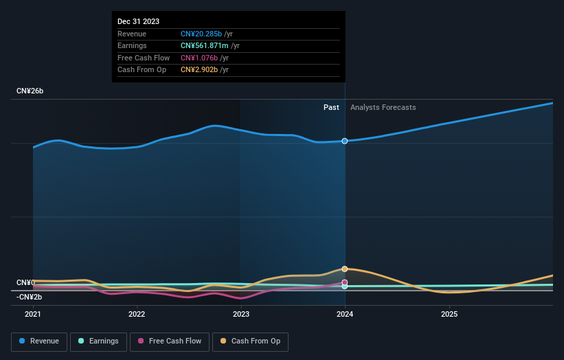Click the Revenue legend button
[x=40, y=341]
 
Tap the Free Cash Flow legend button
[x=169, y=341]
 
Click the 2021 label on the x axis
[x=33, y=314]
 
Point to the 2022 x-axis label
[x=137, y=314]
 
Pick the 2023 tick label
[x=241, y=314]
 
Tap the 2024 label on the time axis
[x=345, y=314]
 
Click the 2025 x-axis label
[x=449, y=314]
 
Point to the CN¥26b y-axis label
[x=30, y=91]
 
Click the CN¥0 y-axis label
[x=26, y=283]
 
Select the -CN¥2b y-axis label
[x=30, y=297]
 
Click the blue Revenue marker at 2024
[x=345, y=141]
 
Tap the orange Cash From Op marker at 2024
[x=345, y=269]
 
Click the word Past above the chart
[x=331, y=107]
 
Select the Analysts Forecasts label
[x=383, y=107]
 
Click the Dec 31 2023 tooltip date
[x=138, y=21]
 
